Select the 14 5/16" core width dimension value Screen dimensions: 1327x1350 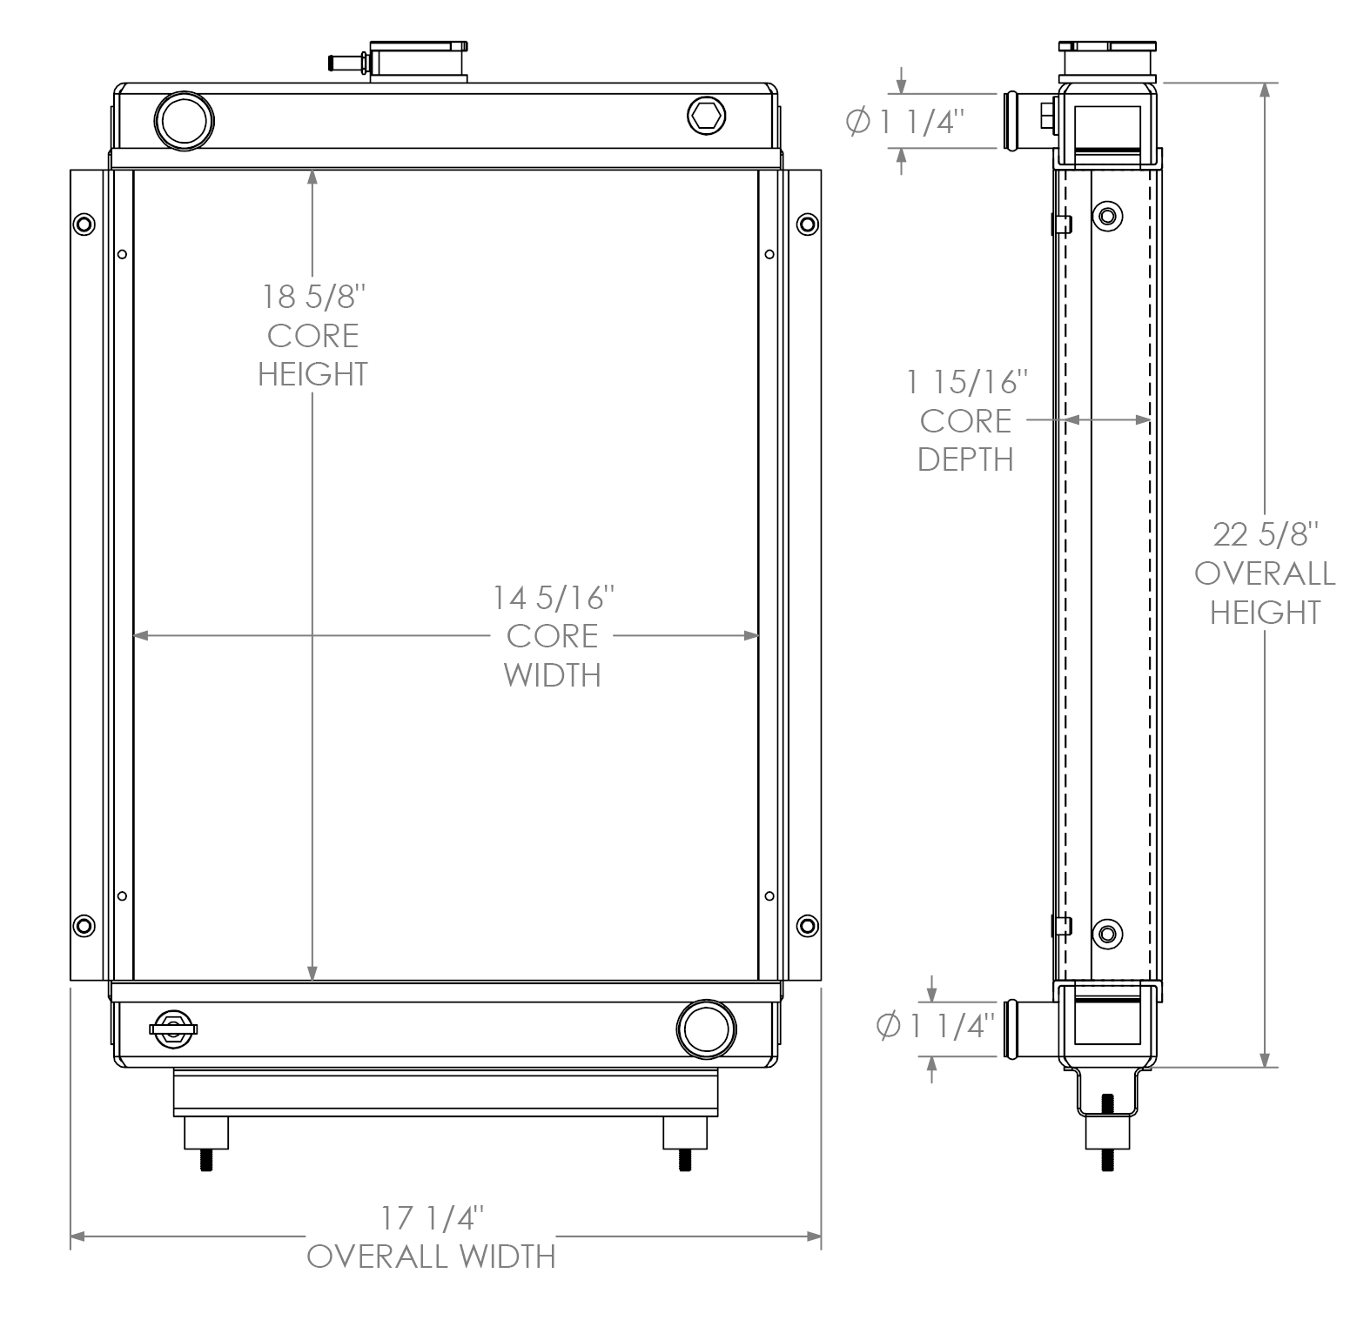tap(554, 598)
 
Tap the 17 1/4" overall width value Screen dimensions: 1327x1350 tap(432, 1217)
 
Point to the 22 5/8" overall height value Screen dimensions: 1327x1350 tap(1265, 534)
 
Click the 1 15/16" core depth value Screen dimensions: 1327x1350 tap(967, 382)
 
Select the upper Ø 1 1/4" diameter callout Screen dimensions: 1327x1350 tap(906, 122)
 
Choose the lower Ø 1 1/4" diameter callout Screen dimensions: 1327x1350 tap(937, 1027)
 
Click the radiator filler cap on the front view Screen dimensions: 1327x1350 tap(419, 61)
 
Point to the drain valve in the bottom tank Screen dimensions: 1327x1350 tap(172, 1029)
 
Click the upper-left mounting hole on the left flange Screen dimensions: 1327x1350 tap(84, 224)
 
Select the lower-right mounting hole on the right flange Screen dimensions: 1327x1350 tap(808, 925)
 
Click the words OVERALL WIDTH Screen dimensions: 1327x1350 tap(432, 1257)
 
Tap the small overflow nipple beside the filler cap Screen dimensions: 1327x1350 tap(342, 63)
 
